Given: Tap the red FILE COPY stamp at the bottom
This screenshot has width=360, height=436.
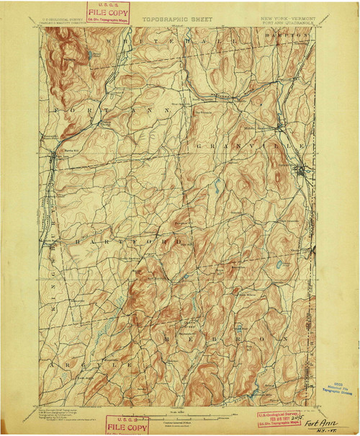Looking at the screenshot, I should (x=127, y=425).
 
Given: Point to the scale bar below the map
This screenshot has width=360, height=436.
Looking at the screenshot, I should (x=176, y=419).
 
